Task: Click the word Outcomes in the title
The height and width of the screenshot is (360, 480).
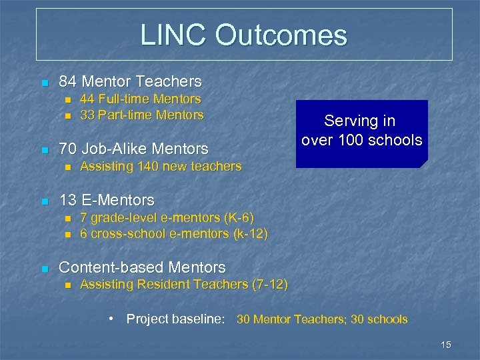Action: (285, 35)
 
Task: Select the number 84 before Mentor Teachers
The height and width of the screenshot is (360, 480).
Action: (67, 82)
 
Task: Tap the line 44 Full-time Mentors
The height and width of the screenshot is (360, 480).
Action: (140, 99)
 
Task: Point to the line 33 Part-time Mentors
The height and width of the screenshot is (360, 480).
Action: (141, 115)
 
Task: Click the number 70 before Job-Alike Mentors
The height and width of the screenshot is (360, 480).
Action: (67, 148)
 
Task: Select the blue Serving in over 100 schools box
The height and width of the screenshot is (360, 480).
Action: (361, 133)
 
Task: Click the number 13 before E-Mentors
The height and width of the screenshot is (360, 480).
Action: (67, 200)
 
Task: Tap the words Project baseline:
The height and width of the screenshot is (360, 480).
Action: (175, 319)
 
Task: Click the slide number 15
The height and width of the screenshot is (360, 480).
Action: (446, 344)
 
